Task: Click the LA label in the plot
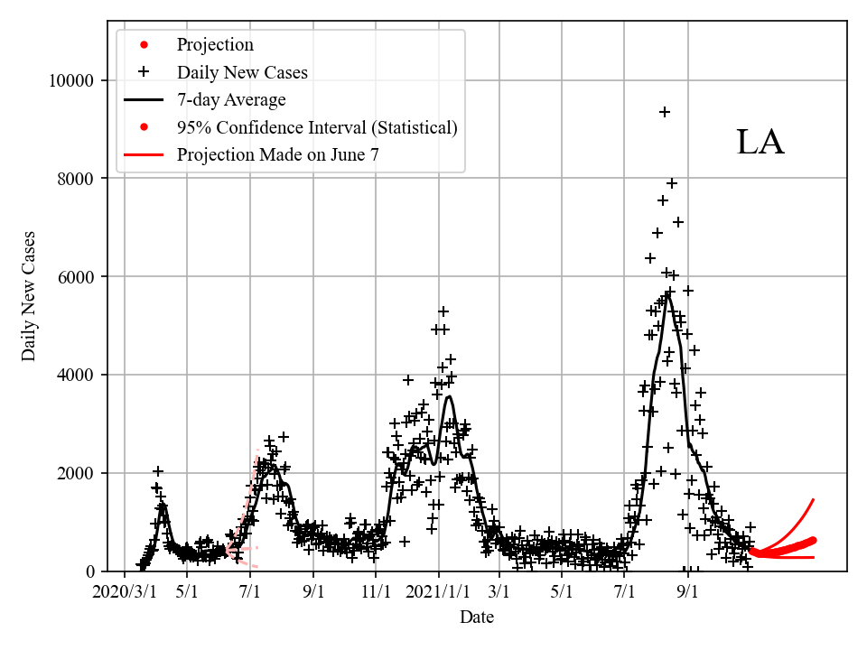point(760,143)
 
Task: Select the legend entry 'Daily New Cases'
point(242,72)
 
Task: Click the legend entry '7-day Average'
point(231,99)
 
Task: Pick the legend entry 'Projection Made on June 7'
point(277,154)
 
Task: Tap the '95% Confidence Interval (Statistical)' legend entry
point(317,127)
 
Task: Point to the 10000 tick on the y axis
point(71,80)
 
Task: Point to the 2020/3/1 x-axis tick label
point(124,592)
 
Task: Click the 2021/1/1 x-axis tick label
point(439,592)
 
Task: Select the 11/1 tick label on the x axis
point(376,592)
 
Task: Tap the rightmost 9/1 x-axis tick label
point(688,592)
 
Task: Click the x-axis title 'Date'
point(476,617)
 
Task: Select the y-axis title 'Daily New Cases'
point(30,297)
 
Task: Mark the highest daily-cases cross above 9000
point(665,112)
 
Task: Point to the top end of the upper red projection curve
point(814,499)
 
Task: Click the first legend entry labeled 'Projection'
point(215,45)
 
